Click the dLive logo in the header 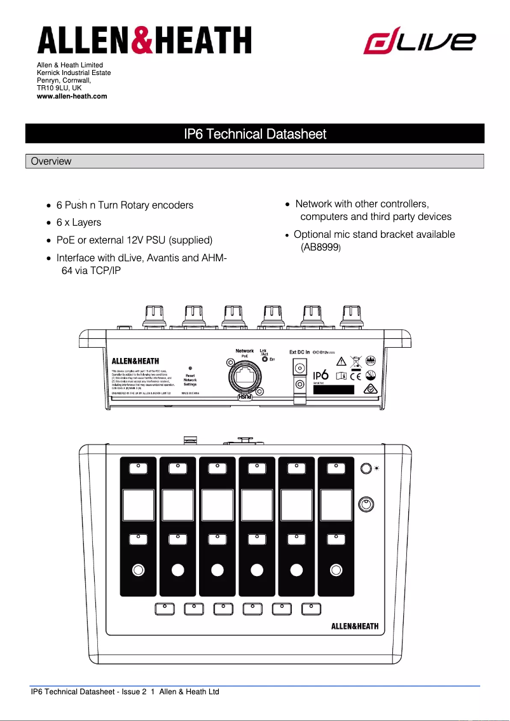[419, 42]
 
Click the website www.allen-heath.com [72, 96]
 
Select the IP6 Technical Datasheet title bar [254, 134]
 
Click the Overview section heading [52, 161]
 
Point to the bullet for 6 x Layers [50, 223]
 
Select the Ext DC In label [300, 352]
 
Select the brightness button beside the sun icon [366, 469]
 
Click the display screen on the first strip [138, 506]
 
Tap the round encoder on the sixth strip [335, 570]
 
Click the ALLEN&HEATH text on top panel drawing [355, 626]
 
